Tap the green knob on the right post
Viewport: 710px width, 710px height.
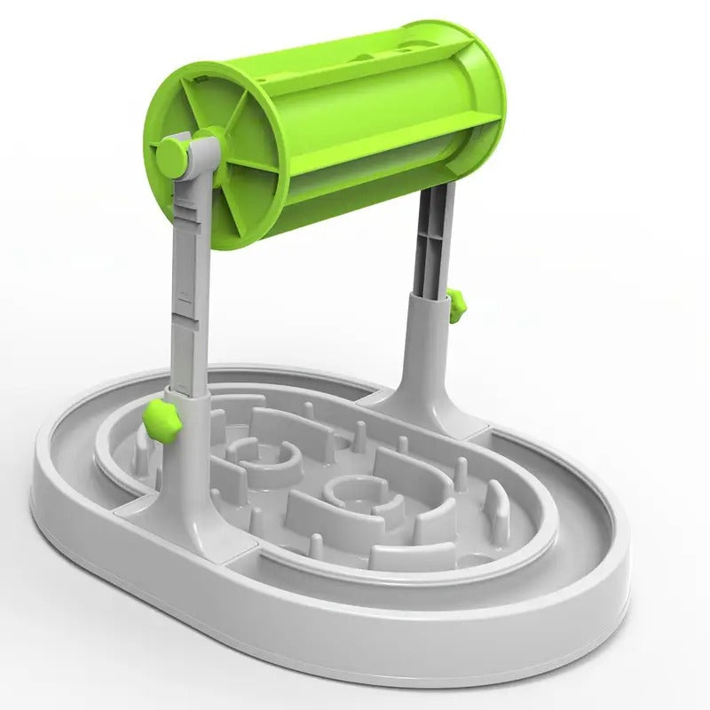click(x=457, y=304)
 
